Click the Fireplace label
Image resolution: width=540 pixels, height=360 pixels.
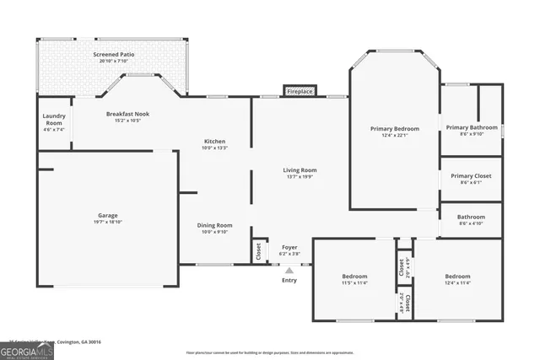click(x=300, y=91)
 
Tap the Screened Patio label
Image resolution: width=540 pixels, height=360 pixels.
click(x=114, y=54)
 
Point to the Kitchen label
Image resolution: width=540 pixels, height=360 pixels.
click(x=214, y=141)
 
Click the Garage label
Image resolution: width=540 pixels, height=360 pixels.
click(x=107, y=215)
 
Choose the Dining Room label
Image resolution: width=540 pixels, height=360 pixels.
click(x=214, y=225)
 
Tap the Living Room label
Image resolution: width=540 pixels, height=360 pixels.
click(x=300, y=170)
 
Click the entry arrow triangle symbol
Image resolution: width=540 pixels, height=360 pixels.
click(x=289, y=271)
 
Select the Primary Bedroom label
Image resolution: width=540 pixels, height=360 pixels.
click(x=394, y=129)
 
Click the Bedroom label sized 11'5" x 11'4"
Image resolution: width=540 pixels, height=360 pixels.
click(x=354, y=277)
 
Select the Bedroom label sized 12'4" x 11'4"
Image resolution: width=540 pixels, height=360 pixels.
click(x=457, y=277)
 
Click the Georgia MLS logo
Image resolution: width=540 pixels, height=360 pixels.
click(x=28, y=350)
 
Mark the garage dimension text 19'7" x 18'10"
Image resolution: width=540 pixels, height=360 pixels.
click(x=107, y=222)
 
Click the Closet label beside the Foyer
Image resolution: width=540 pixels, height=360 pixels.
click(x=257, y=250)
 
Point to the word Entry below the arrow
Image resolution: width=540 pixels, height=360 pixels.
click(x=289, y=280)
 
